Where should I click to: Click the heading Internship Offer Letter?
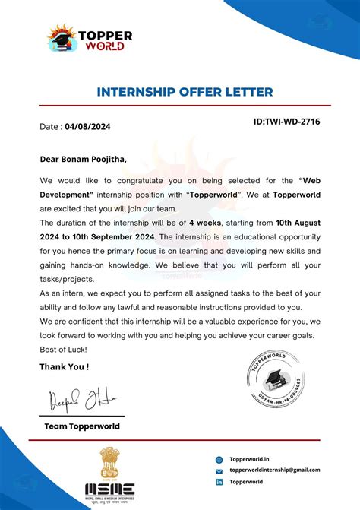pos(185,92)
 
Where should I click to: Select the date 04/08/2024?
pos(87,127)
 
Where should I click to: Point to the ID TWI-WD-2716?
pos(286,122)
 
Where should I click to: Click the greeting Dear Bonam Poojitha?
pos(84,160)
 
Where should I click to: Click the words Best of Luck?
pos(63,349)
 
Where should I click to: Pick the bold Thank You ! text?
pos(65,367)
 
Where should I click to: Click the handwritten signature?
pos(76,398)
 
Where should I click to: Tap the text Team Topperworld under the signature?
pos(82,426)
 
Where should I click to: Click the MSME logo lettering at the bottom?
pos(109,488)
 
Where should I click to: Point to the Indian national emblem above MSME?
pos(109,462)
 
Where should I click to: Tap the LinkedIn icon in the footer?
pos(219,483)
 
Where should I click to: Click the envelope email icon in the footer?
pos(219,471)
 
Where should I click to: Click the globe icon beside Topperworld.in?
pos(219,459)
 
